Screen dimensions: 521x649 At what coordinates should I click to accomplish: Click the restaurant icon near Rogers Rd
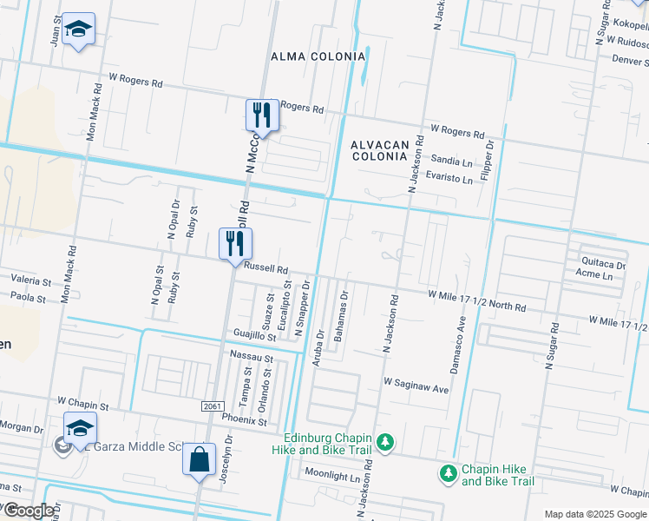click(261, 116)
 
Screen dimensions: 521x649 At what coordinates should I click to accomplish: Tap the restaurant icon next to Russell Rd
click(234, 245)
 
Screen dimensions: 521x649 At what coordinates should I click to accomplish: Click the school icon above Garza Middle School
click(79, 429)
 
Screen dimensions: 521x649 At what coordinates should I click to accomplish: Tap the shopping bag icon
click(199, 459)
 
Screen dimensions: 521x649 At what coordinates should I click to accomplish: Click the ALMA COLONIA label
click(318, 56)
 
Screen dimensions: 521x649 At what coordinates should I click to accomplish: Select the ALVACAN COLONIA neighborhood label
click(379, 150)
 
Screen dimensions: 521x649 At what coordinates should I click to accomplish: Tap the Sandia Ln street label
click(452, 161)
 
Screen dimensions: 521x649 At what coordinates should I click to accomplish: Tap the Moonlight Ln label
click(331, 477)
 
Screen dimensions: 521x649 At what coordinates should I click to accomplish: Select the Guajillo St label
click(254, 336)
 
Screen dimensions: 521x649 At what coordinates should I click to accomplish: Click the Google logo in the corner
click(29, 511)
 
